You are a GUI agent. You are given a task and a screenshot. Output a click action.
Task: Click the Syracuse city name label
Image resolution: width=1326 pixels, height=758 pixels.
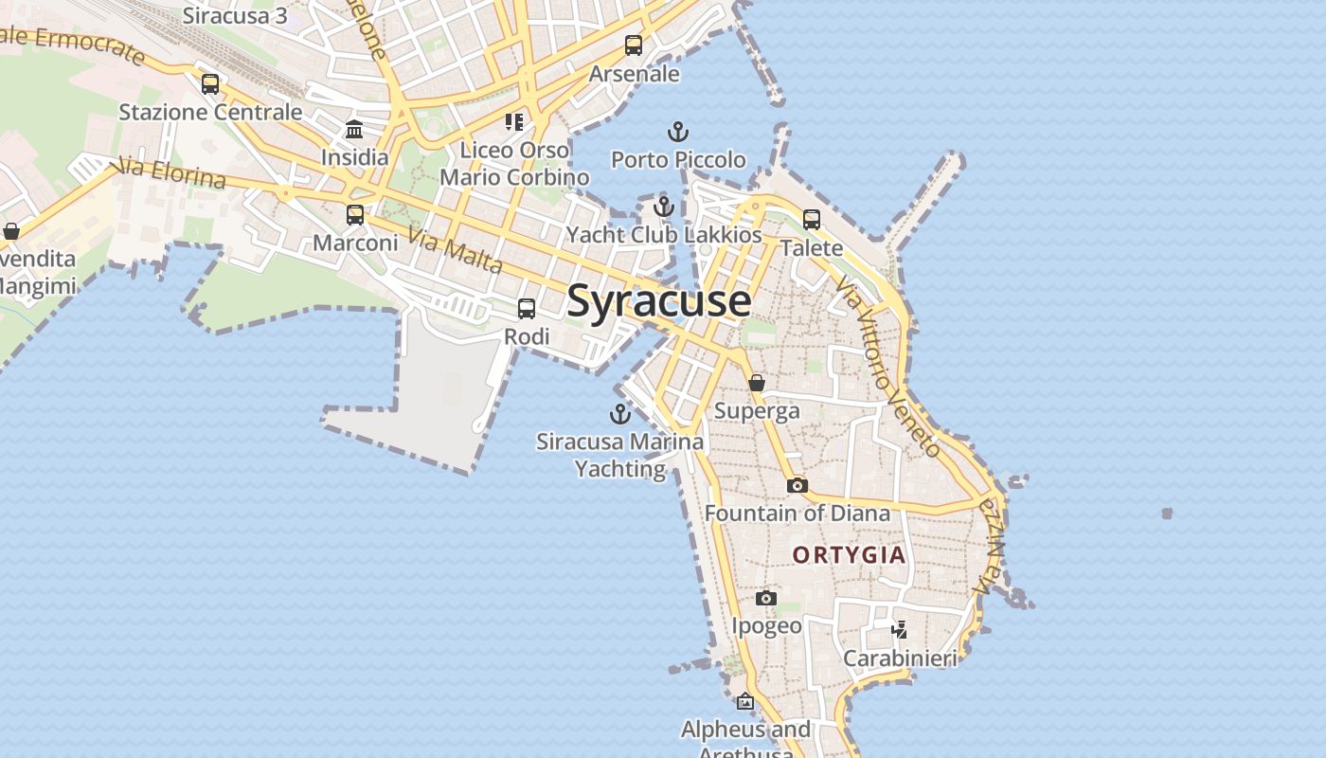point(659,301)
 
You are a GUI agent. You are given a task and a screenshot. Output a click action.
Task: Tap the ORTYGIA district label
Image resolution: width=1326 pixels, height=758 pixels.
point(850,555)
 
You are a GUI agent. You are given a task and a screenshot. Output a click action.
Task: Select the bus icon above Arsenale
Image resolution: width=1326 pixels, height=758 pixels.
point(634,45)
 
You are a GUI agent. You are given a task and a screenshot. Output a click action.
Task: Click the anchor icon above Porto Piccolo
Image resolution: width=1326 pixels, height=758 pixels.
point(678,132)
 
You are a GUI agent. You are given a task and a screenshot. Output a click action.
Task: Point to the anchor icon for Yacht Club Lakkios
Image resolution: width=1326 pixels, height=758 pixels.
point(664,206)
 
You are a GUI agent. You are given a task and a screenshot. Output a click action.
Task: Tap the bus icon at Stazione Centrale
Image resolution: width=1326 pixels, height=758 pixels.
point(210,83)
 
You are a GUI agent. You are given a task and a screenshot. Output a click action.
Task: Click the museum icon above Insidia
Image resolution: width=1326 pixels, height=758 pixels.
point(354,129)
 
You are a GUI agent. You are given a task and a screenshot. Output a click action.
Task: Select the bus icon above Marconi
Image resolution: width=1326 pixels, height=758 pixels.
point(355,215)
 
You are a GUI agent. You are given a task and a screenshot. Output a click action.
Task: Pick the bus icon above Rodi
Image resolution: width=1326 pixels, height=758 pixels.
point(527,308)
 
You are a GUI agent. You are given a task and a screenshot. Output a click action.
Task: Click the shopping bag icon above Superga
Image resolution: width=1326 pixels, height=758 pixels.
point(757,383)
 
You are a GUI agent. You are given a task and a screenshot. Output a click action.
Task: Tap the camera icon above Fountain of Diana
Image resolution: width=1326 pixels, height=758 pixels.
point(797,485)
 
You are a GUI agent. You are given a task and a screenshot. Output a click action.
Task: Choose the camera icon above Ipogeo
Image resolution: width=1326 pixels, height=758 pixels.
point(766,598)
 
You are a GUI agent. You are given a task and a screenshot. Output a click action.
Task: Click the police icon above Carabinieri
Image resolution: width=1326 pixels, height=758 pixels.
point(900,629)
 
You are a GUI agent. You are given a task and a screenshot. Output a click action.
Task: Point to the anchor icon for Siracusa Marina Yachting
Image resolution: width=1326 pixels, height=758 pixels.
point(620,414)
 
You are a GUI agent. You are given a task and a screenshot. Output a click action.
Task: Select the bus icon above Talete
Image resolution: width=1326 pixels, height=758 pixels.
point(812,220)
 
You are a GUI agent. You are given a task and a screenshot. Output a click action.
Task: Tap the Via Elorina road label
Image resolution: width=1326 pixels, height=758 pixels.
point(168,173)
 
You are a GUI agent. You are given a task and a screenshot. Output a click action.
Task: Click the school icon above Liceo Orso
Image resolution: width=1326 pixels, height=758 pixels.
point(514,121)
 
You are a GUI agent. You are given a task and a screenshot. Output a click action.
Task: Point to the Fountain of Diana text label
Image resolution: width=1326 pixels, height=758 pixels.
point(797,514)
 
